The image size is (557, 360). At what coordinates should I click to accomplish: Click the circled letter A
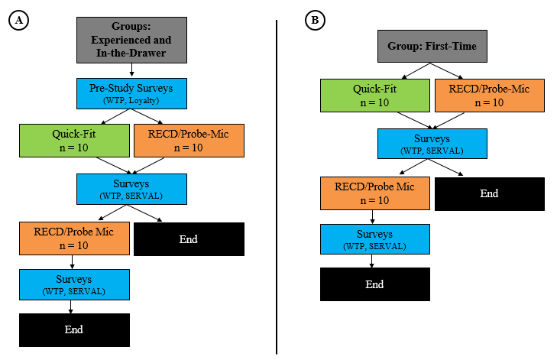[x=18, y=21]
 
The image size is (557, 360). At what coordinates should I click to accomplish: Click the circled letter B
[x=315, y=20]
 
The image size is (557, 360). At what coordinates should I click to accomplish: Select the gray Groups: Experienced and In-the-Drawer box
[x=131, y=41]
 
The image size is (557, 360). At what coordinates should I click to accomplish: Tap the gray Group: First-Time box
[x=432, y=46]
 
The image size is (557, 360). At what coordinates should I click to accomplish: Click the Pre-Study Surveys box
[x=131, y=93]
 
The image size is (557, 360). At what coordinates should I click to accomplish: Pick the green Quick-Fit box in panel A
[x=74, y=141]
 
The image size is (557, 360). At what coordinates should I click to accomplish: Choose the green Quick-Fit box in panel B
[x=375, y=96]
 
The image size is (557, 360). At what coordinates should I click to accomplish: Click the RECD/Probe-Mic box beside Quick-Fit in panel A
[x=189, y=141]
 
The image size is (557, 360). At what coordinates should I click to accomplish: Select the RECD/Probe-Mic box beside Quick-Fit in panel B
[x=490, y=96]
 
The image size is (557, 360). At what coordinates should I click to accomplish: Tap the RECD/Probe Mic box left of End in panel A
[x=74, y=238]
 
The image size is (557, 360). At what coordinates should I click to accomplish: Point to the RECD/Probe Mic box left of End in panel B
[x=375, y=193]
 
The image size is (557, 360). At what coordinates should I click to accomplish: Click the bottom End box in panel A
[x=74, y=329]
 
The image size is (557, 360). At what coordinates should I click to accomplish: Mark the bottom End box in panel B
[x=375, y=284]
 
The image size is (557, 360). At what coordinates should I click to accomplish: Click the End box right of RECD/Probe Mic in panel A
[x=189, y=239]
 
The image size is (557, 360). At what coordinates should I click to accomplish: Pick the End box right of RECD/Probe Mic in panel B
[x=490, y=194]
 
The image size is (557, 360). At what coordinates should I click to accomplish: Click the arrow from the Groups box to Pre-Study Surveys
[x=131, y=70]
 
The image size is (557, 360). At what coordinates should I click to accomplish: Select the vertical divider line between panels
[x=277, y=187]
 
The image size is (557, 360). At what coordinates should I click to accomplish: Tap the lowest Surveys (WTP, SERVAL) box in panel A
[x=74, y=284]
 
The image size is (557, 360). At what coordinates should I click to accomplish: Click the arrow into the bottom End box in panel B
[x=372, y=261]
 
